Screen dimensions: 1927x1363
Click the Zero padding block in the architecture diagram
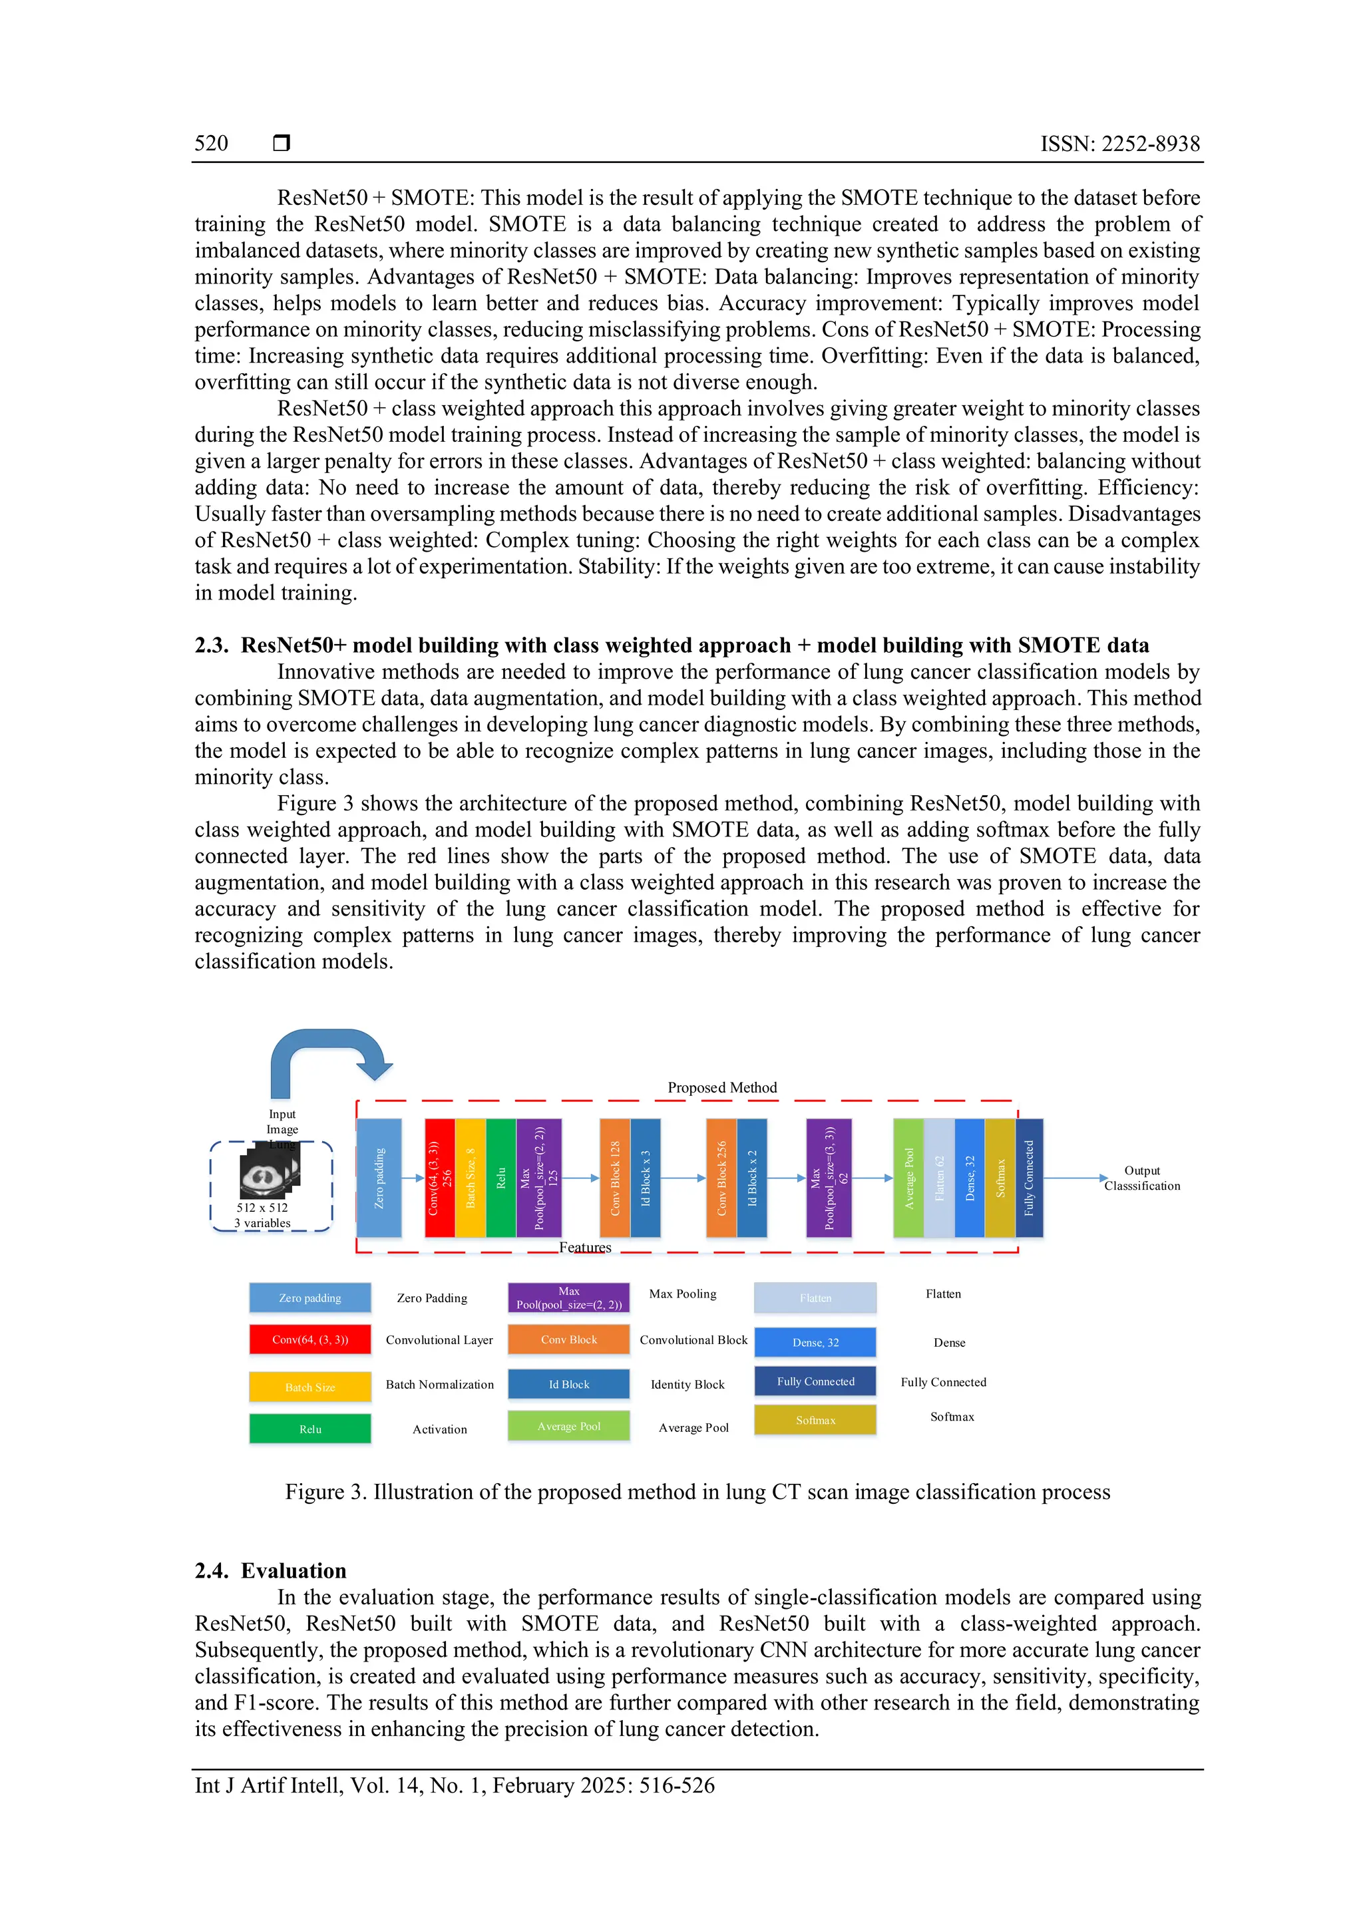click(x=379, y=1178)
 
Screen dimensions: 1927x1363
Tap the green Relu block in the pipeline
click(x=501, y=1178)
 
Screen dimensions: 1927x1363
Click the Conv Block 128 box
click(x=614, y=1178)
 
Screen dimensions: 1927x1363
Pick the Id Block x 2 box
click(x=752, y=1178)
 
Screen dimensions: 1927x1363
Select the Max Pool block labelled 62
click(x=829, y=1178)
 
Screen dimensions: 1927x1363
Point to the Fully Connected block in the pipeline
click(x=1029, y=1178)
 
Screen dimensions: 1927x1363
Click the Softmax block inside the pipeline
click(x=1000, y=1178)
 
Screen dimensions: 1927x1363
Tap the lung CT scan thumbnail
click(x=269, y=1172)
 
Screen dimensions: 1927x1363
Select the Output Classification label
click(x=1141, y=1178)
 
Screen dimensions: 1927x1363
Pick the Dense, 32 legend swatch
click(x=815, y=1342)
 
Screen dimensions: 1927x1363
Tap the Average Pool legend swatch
click(x=568, y=1426)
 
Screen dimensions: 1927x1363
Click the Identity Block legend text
click(x=687, y=1384)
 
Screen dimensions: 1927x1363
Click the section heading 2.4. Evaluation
click(x=270, y=1570)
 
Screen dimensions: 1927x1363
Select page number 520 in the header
click(x=212, y=144)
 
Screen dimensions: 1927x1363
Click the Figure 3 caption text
click(x=697, y=1491)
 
